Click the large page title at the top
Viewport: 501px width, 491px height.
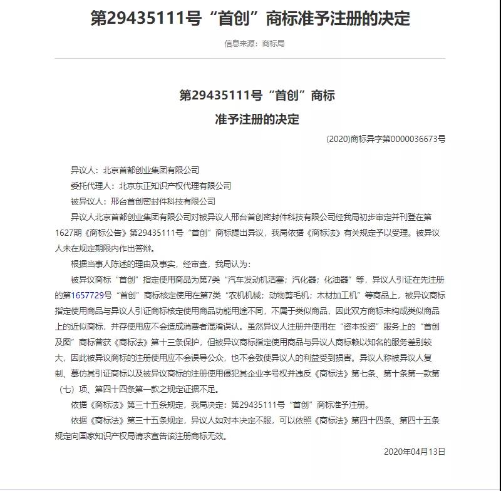click(250, 18)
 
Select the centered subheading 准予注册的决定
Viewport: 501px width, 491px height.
click(257, 118)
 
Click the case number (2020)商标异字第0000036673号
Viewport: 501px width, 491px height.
click(386, 139)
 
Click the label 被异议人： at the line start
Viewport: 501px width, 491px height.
click(90, 201)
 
